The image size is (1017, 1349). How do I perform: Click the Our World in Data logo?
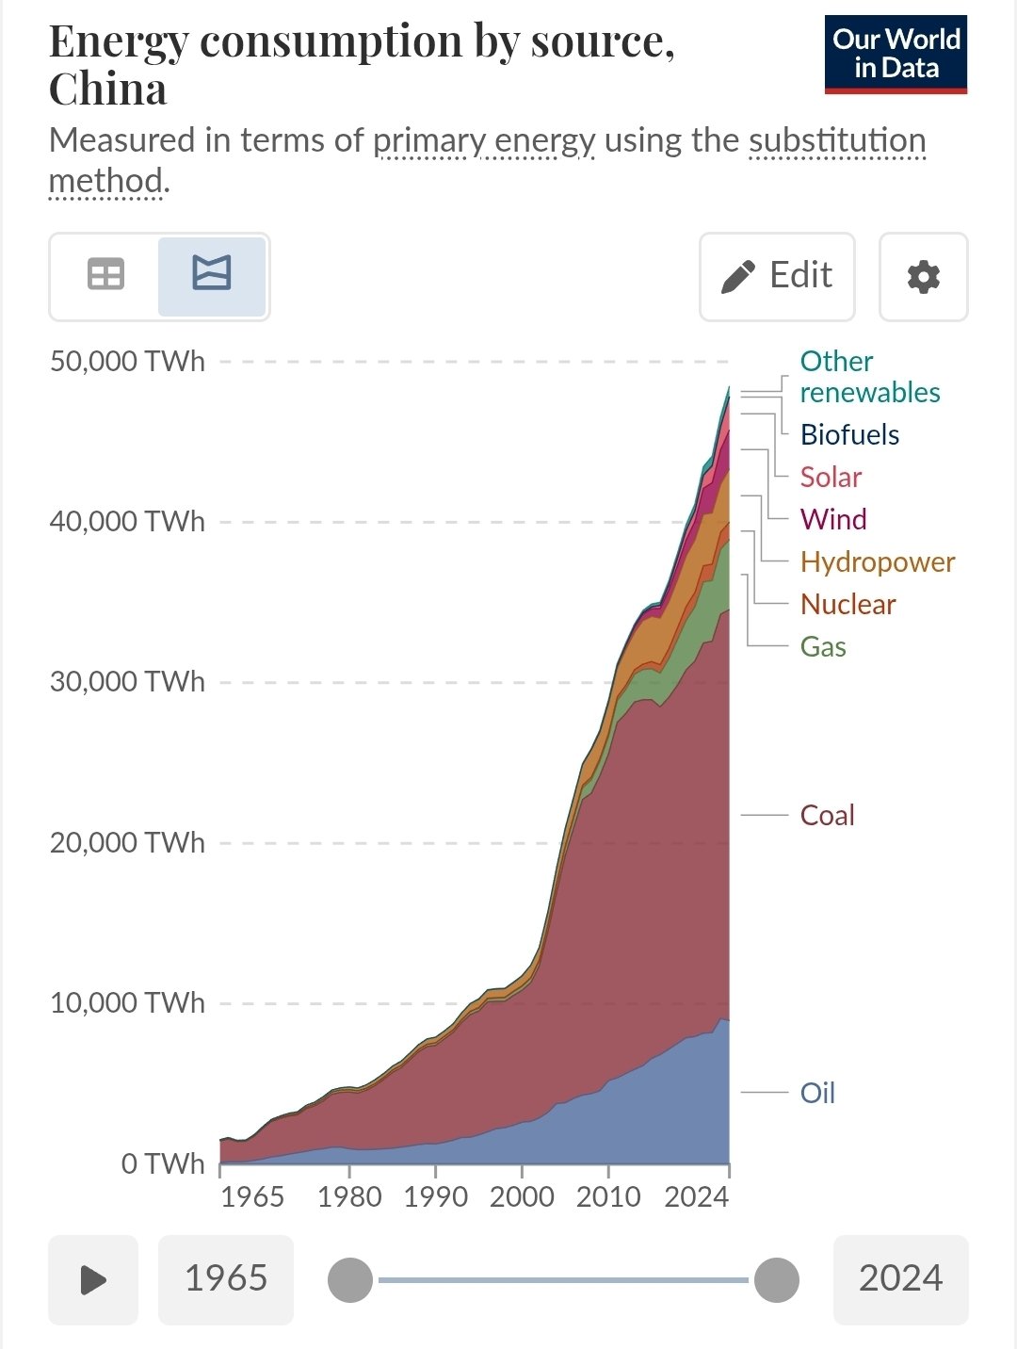coord(896,54)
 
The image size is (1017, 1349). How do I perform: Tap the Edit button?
coord(777,276)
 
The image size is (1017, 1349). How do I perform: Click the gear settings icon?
coord(923,277)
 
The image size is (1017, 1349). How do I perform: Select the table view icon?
coord(105,275)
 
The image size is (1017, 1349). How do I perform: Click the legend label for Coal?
coord(827,815)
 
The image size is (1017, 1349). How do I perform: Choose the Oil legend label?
coord(817,1093)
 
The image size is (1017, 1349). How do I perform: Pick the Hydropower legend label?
coord(877,562)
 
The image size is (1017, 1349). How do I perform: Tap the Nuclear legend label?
coord(847,605)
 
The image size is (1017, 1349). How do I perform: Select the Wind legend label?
coord(833,520)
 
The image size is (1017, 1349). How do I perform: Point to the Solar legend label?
coord(831,478)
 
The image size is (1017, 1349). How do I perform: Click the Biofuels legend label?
coord(849,435)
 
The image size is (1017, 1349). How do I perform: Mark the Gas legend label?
coord(823,647)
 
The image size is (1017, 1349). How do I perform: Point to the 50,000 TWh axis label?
coord(127,362)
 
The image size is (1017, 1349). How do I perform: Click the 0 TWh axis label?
coord(162,1164)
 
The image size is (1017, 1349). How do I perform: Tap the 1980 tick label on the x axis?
coord(349,1197)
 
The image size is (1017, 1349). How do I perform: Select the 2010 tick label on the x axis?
coord(608,1197)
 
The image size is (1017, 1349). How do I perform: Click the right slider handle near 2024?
coord(776,1280)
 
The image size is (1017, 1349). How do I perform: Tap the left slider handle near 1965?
coord(350,1280)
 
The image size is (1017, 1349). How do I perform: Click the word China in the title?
coord(107,90)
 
